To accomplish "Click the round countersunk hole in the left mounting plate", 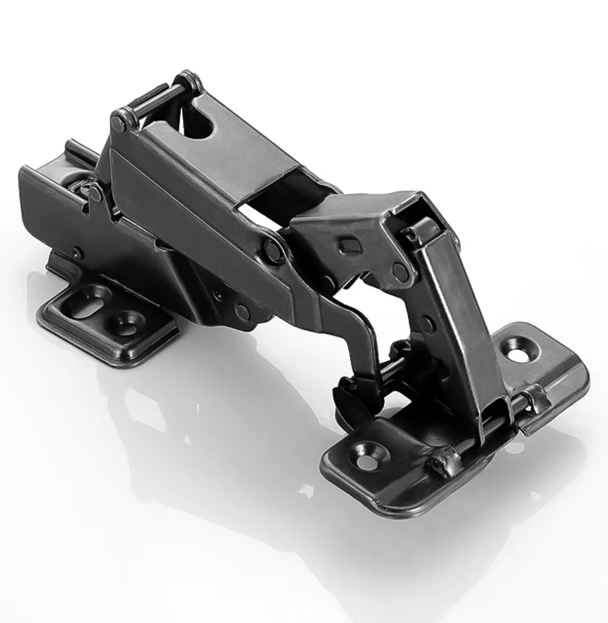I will [126, 318].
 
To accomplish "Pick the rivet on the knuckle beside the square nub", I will [400, 269].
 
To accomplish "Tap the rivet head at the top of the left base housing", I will [94, 194].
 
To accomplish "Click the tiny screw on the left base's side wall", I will [77, 253].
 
